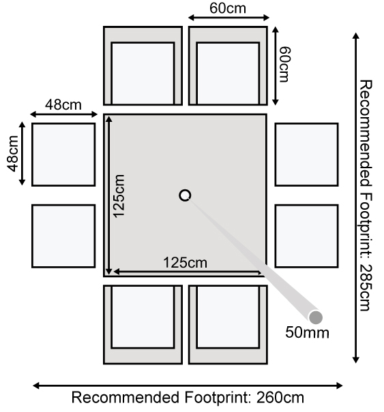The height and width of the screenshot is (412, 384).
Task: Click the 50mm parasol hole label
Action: tap(307, 332)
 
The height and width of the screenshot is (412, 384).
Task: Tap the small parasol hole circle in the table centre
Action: tap(185, 195)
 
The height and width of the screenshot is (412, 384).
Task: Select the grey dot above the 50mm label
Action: tap(315, 317)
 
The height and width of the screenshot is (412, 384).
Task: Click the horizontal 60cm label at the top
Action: tap(228, 8)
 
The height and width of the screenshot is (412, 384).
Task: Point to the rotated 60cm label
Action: tap(285, 65)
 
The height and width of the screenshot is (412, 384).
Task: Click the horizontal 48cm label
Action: tap(63, 105)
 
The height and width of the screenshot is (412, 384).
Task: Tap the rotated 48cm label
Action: tap(13, 154)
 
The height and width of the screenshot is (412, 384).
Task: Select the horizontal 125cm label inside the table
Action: tap(186, 262)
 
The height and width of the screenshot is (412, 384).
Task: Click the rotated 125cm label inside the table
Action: tap(119, 196)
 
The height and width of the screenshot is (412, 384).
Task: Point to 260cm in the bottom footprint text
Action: tap(280, 398)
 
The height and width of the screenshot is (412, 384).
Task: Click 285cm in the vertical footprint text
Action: tap(366, 287)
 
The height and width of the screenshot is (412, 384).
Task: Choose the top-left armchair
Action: tap(143, 65)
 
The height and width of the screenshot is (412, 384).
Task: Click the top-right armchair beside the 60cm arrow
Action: tap(228, 65)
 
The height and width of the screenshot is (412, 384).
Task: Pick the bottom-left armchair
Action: tap(143, 325)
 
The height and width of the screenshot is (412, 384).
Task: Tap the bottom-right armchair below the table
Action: tap(228, 325)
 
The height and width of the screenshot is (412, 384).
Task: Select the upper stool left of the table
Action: tap(63, 155)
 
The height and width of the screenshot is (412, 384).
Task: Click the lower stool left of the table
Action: tap(63, 236)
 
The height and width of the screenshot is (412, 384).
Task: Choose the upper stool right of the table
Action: tap(307, 155)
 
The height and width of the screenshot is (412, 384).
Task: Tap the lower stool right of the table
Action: tap(307, 236)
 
